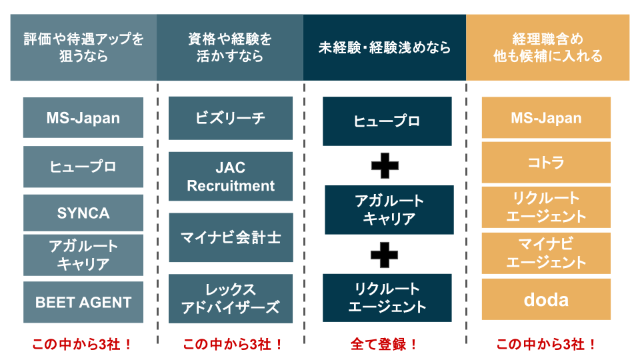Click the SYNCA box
point(83,213)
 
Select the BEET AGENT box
point(83,302)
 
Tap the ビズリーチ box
point(230,118)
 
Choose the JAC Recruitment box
point(230,177)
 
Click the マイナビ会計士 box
point(230,237)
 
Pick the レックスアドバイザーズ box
point(230,299)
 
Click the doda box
point(546,299)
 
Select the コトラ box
point(546,163)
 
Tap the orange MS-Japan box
point(546,118)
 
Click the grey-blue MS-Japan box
point(83,118)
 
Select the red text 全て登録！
point(385,345)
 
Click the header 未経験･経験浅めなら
point(385,48)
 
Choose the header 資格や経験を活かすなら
point(230,48)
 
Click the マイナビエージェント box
point(546,253)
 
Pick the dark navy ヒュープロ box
point(387,121)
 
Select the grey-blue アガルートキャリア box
point(83,255)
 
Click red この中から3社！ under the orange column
point(547,345)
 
